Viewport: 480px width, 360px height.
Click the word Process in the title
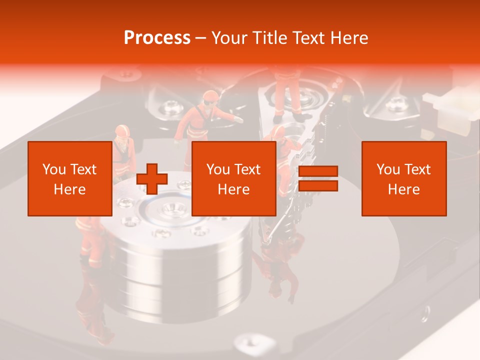[x=157, y=38]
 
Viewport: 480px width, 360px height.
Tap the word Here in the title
[x=348, y=38]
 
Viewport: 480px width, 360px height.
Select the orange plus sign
[x=152, y=179]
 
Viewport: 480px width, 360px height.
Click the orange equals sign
[x=318, y=179]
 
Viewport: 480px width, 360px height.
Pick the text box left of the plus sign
[x=69, y=178]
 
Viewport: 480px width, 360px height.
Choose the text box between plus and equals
[x=233, y=178]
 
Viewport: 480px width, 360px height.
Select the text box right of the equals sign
[x=403, y=178]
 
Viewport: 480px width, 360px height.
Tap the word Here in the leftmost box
[x=69, y=189]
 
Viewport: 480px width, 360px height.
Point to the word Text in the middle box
[x=247, y=169]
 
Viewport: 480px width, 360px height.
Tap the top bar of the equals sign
[x=318, y=171]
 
